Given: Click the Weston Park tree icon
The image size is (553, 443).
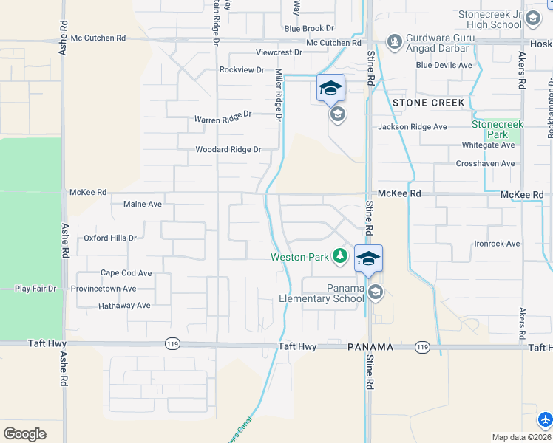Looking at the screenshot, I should pyautogui.click(x=339, y=256).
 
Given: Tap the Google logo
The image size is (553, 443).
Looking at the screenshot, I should pyautogui.click(x=24, y=434).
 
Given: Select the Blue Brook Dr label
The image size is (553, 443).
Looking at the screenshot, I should pyautogui.click(x=309, y=29).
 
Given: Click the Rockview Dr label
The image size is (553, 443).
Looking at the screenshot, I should pyautogui.click(x=242, y=70).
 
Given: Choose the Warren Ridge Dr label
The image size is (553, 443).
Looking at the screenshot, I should pyautogui.click(x=223, y=117).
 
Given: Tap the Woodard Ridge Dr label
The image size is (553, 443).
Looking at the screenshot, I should pyautogui.click(x=228, y=150).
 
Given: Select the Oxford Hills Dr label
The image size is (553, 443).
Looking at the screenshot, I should pyautogui.click(x=110, y=238).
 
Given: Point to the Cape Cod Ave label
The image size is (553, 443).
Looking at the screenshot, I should pyautogui.click(x=126, y=273).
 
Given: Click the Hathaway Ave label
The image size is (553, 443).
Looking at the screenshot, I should pyautogui.click(x=124, y=306).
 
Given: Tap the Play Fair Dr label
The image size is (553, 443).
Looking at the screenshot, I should pyautogui.click(x=35, y=289).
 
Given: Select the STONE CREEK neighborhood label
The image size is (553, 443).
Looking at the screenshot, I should pyautogui.click(x=429, y=103).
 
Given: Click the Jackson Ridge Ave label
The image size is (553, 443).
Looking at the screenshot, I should pyautogui.click(x=413, y=127).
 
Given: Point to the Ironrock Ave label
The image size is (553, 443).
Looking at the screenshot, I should pyautogui.click(x=497, y=244).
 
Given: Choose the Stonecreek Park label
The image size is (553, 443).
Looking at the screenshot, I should pyautogui.click(x=498, y=129).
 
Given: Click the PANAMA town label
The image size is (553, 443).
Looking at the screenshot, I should pyautogui.click(x=369, y=346).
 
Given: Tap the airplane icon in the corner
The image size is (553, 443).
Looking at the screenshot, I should pyautogui.click(x=546, y=419).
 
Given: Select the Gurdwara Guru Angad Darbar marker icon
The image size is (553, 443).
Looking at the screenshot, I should pyautogui.click(x=394, y=40).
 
